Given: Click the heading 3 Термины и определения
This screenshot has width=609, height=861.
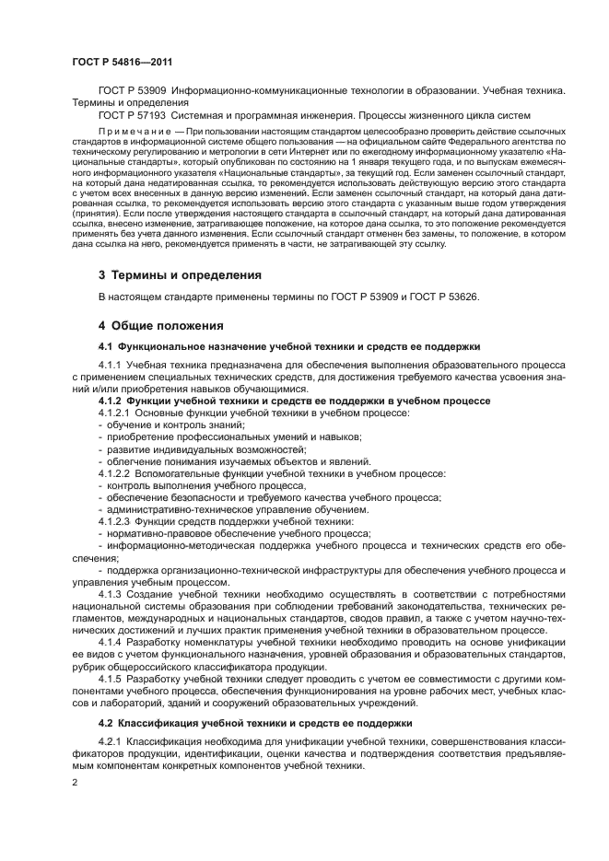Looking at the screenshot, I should coord(181,274).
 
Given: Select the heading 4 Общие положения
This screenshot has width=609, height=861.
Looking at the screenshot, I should coord(166,326).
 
